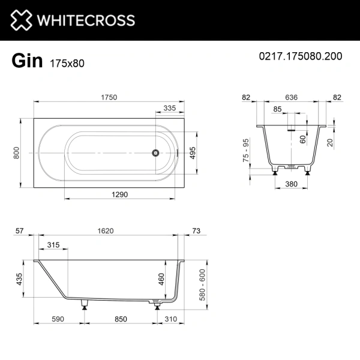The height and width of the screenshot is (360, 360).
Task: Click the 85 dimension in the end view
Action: [277, 109]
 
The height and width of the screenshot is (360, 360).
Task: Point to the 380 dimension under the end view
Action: [292, 185]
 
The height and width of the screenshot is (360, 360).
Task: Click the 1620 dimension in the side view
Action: [107, 231]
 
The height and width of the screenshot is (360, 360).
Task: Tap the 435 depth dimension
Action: [19, 279]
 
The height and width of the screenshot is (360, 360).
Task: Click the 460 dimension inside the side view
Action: [161, 279]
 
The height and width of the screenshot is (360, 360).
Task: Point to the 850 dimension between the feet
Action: [121, 320]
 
